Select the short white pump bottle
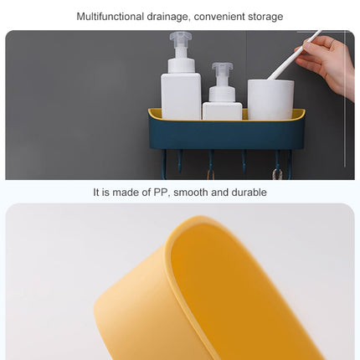coord(222,100)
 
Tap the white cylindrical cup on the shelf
coord(270,99)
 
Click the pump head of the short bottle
coord(222,71)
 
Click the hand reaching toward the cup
coord(331,63)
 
